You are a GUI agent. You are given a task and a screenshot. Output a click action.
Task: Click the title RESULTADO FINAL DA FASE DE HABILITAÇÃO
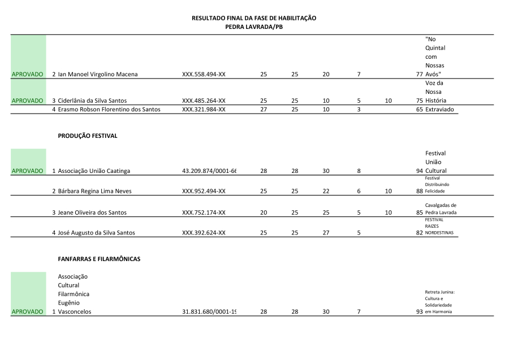254,18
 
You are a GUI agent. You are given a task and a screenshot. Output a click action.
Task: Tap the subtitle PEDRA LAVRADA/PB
254,27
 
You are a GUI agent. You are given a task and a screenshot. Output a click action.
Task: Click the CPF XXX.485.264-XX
204,101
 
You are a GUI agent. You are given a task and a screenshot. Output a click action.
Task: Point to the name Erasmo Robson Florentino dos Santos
109,109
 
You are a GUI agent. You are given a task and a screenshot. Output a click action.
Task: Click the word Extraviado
441,109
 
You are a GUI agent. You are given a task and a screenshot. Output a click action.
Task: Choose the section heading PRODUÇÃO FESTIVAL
88,136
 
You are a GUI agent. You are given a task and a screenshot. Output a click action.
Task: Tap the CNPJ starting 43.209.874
209,171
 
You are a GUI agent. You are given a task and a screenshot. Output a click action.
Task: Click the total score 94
419,171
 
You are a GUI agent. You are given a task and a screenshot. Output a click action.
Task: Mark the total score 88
419,191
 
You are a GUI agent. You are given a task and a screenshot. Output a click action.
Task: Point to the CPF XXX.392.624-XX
204,233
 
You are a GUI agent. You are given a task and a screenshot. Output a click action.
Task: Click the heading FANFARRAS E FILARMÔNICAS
99,259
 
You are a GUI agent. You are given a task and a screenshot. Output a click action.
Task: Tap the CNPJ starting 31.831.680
209,311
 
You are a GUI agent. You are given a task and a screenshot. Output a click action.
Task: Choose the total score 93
419,311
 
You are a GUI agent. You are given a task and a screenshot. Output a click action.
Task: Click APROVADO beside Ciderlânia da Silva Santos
28,101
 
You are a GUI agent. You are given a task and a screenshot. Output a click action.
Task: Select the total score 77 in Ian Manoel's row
419,74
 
